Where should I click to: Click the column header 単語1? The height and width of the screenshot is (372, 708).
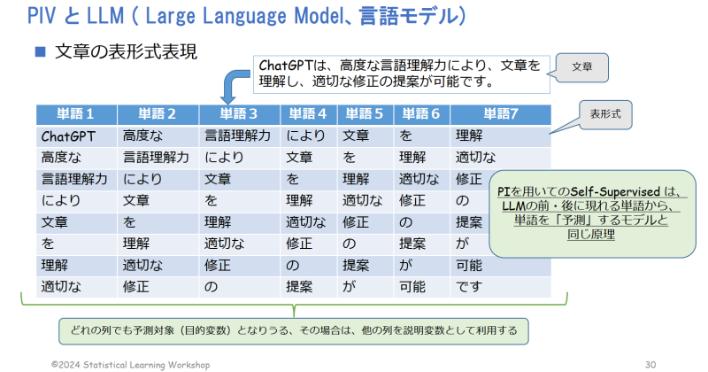tap(76, 114)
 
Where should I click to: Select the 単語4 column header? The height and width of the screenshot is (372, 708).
tap(308, 114)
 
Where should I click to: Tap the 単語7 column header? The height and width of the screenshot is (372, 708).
tap(501, 114)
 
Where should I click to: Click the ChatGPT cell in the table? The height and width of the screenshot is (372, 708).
tap(68, 136)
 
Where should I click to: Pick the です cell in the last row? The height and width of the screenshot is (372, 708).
tap(469, 287)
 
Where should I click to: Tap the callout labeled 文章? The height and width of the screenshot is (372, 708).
tap(581, 67)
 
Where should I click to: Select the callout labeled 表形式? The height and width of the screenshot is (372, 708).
tap(605, 114)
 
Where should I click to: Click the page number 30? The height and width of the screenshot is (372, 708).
tap(650, 364)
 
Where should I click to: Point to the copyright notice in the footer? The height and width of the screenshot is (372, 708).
tap(130, 364)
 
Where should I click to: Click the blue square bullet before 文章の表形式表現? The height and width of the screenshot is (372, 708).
tap(41, 51)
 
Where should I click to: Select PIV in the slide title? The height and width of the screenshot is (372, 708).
tap(42, 15)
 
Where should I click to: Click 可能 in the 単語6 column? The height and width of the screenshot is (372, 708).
tap(412, 287)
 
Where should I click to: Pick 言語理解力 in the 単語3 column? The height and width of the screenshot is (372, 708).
tap(237, 136)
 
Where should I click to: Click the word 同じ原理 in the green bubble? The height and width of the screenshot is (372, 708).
tap(591, 235)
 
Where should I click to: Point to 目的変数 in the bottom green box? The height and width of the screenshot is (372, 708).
tap(205, 330)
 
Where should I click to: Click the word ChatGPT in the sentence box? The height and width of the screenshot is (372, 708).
tap(285, 66)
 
